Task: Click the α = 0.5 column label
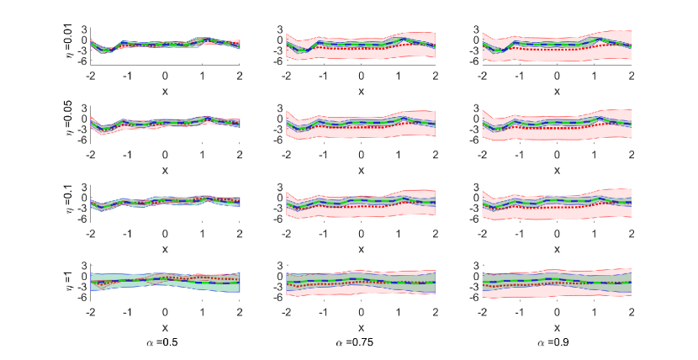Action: (165, 343)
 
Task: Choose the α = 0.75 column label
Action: (361, 343)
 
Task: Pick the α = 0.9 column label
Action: (557, 343)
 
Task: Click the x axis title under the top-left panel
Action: (165, 91)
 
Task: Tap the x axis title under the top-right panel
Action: (557, 91)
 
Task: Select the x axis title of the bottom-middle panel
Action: (361, 327)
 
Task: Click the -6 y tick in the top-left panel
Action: (83, 61)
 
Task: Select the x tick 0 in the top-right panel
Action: (557, 75)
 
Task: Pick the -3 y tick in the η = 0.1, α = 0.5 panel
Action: (83, 208)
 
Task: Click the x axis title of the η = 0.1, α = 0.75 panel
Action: (361, 249)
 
